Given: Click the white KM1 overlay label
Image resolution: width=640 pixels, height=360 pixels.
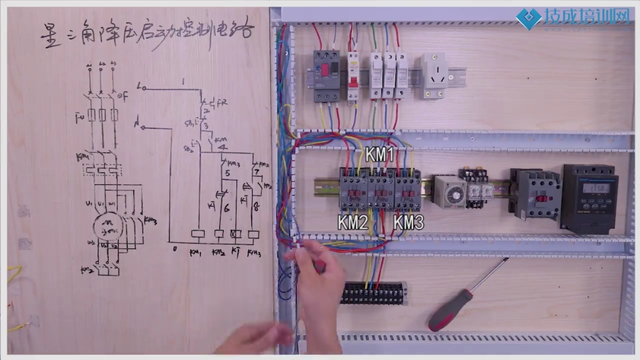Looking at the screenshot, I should click(380, 154).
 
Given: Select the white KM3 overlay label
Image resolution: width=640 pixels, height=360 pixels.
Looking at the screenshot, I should click(409, 223).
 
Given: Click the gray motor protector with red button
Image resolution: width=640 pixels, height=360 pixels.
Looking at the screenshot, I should click(326, 76).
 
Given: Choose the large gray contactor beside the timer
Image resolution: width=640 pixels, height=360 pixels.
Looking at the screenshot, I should click(536, 193).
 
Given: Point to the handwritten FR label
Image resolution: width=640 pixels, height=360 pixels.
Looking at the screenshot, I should click(222, 102).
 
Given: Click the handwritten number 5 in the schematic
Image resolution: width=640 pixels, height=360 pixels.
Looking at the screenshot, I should click(227, 174).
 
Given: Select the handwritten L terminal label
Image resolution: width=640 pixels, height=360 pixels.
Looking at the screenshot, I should click(140, 87).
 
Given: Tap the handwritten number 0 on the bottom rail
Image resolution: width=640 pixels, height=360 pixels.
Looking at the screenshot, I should click(174, 249).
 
